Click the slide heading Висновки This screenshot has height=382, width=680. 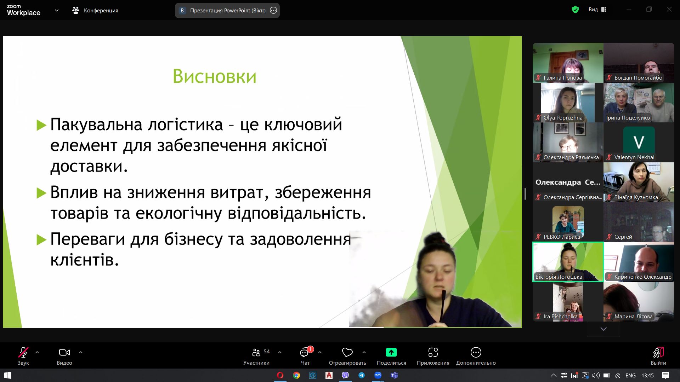point(214,76)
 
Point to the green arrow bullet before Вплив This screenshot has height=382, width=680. point(41,193)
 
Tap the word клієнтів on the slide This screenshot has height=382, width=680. point(84,260)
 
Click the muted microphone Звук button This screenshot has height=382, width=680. point(23,355)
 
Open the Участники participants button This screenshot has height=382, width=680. point(256,355)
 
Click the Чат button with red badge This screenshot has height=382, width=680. point(305,355)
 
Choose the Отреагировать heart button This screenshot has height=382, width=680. point(347,355)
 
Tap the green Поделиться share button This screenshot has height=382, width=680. point(391,355)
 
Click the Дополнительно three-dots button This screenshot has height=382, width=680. point(476,355)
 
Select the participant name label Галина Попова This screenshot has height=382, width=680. point(562,78)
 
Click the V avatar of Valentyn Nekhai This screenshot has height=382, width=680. point(639,141)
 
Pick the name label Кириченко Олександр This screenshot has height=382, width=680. point(643,277)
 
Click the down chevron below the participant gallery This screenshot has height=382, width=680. point(603,329)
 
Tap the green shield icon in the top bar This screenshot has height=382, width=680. point(576,10)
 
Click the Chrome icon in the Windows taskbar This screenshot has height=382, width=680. point(296,375)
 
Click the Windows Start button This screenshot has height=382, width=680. point(8,375)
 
